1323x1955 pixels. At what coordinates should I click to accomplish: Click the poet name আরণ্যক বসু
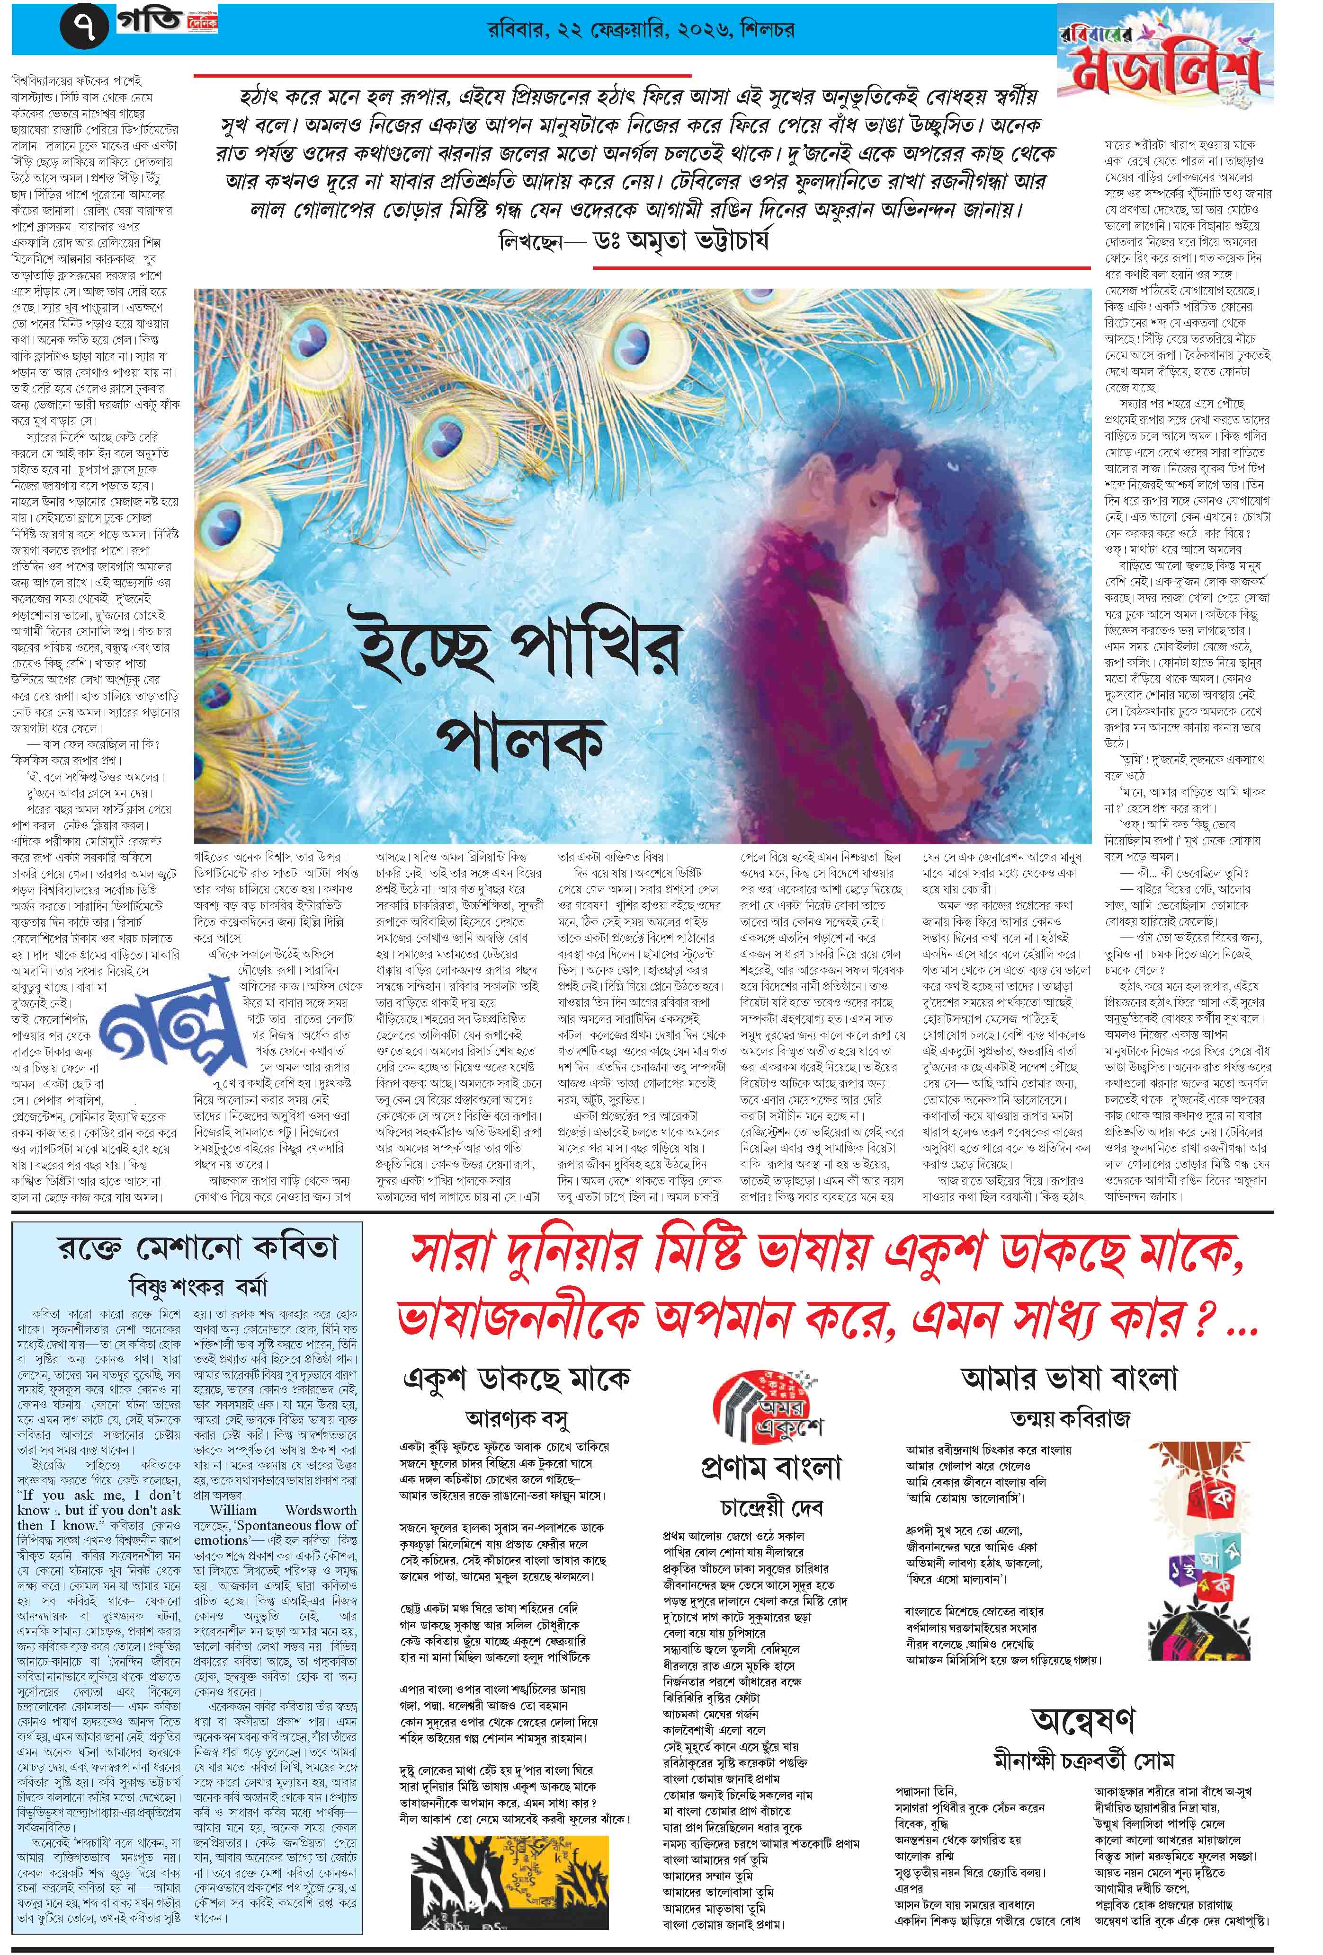point(517,1421)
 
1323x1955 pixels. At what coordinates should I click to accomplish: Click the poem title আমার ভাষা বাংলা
point(1069,1380)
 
